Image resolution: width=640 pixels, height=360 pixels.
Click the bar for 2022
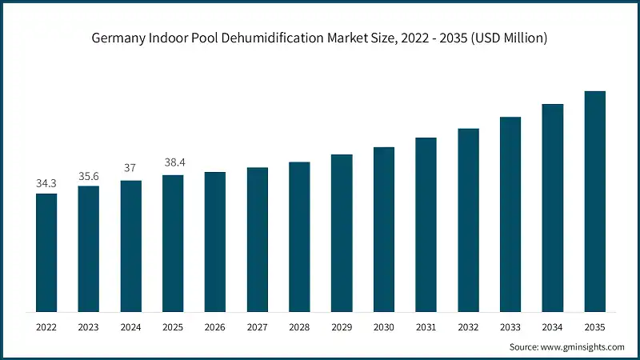tap(46, 252)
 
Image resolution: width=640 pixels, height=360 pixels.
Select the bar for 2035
tap(594, 201)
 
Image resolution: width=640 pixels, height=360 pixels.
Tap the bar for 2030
tap(384, 229)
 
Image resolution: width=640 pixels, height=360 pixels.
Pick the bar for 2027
tap(257, 239)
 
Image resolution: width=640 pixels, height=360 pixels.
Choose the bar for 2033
tap(510, 214)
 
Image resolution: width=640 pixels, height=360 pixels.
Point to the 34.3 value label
tap(46, 183)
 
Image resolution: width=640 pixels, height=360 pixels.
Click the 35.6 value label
tap(89, 176)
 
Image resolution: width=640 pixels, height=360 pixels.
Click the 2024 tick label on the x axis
tap(130, 326)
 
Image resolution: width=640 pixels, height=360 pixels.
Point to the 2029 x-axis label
tap(342, 326)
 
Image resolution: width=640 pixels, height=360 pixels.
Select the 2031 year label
tap(426, 326)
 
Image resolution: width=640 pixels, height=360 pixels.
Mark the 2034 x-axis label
tap(552, 326)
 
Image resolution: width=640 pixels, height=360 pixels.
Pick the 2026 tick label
tap(215, 326)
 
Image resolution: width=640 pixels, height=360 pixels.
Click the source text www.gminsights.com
tap(583, 347)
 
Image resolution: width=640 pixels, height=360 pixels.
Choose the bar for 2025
tap(173, 243)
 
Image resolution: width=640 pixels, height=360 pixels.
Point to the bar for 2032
tap(468, 220)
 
